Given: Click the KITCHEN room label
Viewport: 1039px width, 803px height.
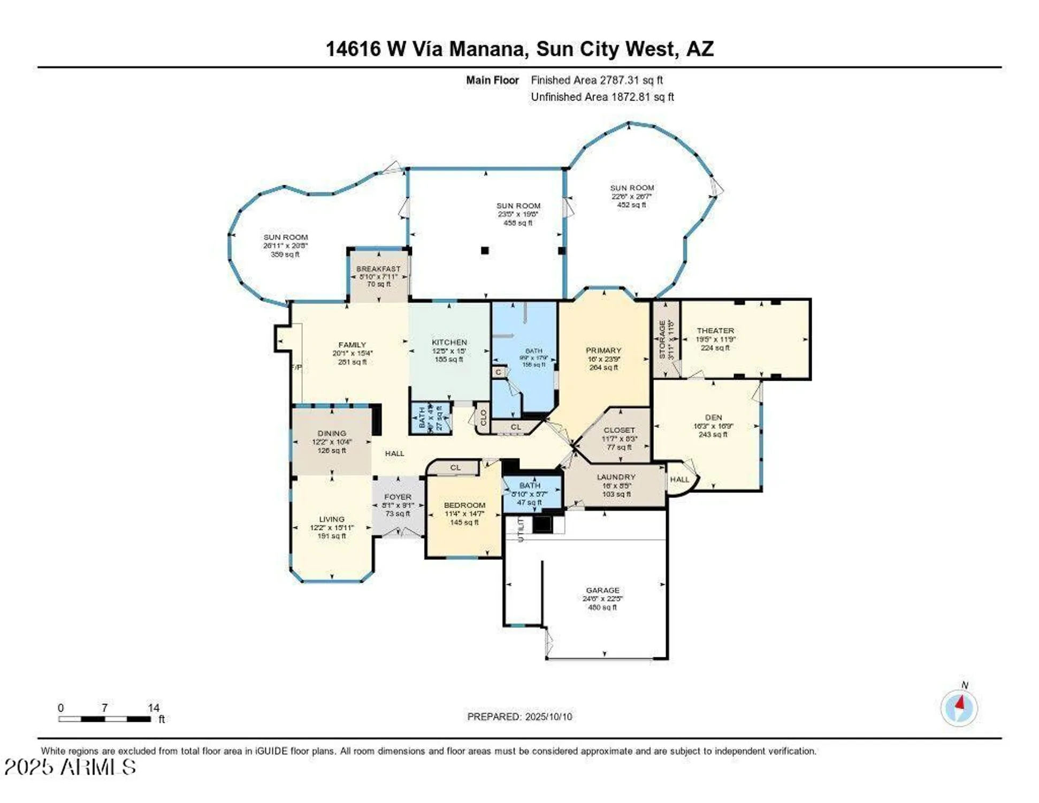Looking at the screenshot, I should click(449, 343).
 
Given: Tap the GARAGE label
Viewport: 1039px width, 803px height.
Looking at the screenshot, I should click(602, 590).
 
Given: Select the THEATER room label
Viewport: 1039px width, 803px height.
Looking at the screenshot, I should click(715, 331).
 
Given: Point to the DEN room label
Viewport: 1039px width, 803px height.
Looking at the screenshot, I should click(713, 418).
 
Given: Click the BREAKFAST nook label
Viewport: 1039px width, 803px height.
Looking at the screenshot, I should click(378, 269).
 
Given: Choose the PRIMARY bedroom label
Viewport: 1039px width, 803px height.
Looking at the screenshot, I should click(603, 351).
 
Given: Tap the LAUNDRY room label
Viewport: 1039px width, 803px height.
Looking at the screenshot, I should click(616, 477).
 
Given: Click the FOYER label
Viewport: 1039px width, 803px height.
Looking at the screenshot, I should click(398, 497).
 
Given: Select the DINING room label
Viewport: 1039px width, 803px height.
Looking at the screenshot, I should click(332, 434).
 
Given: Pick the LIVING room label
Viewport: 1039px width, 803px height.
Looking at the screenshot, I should click(332, 519).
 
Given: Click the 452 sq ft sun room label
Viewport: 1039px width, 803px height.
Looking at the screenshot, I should click(632, 188).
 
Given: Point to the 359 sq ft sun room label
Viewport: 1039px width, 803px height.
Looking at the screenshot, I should click(286, 237).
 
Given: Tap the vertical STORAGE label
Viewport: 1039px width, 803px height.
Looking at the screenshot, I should click(662, 339).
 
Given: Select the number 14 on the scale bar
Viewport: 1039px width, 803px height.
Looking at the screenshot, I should click(154, 708).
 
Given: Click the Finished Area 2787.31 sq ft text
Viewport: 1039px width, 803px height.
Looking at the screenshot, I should click(597, 80).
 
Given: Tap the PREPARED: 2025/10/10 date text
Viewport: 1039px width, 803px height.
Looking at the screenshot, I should click(519, 717).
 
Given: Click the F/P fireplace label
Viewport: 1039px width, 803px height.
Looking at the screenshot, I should click(296, 367).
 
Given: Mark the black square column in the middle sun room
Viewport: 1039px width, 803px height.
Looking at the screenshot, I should click(485, 250).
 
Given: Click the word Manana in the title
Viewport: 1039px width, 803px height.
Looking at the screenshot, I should click(486, 49).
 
